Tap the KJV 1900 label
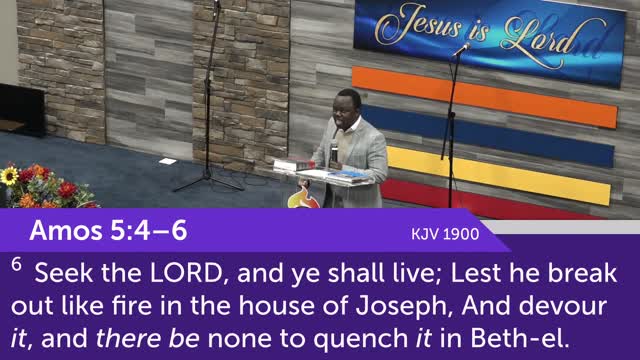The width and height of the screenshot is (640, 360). click(445, 234)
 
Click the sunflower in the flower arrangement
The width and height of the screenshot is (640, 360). click(10, 176)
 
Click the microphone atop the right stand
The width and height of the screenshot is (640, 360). click(462, 48)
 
